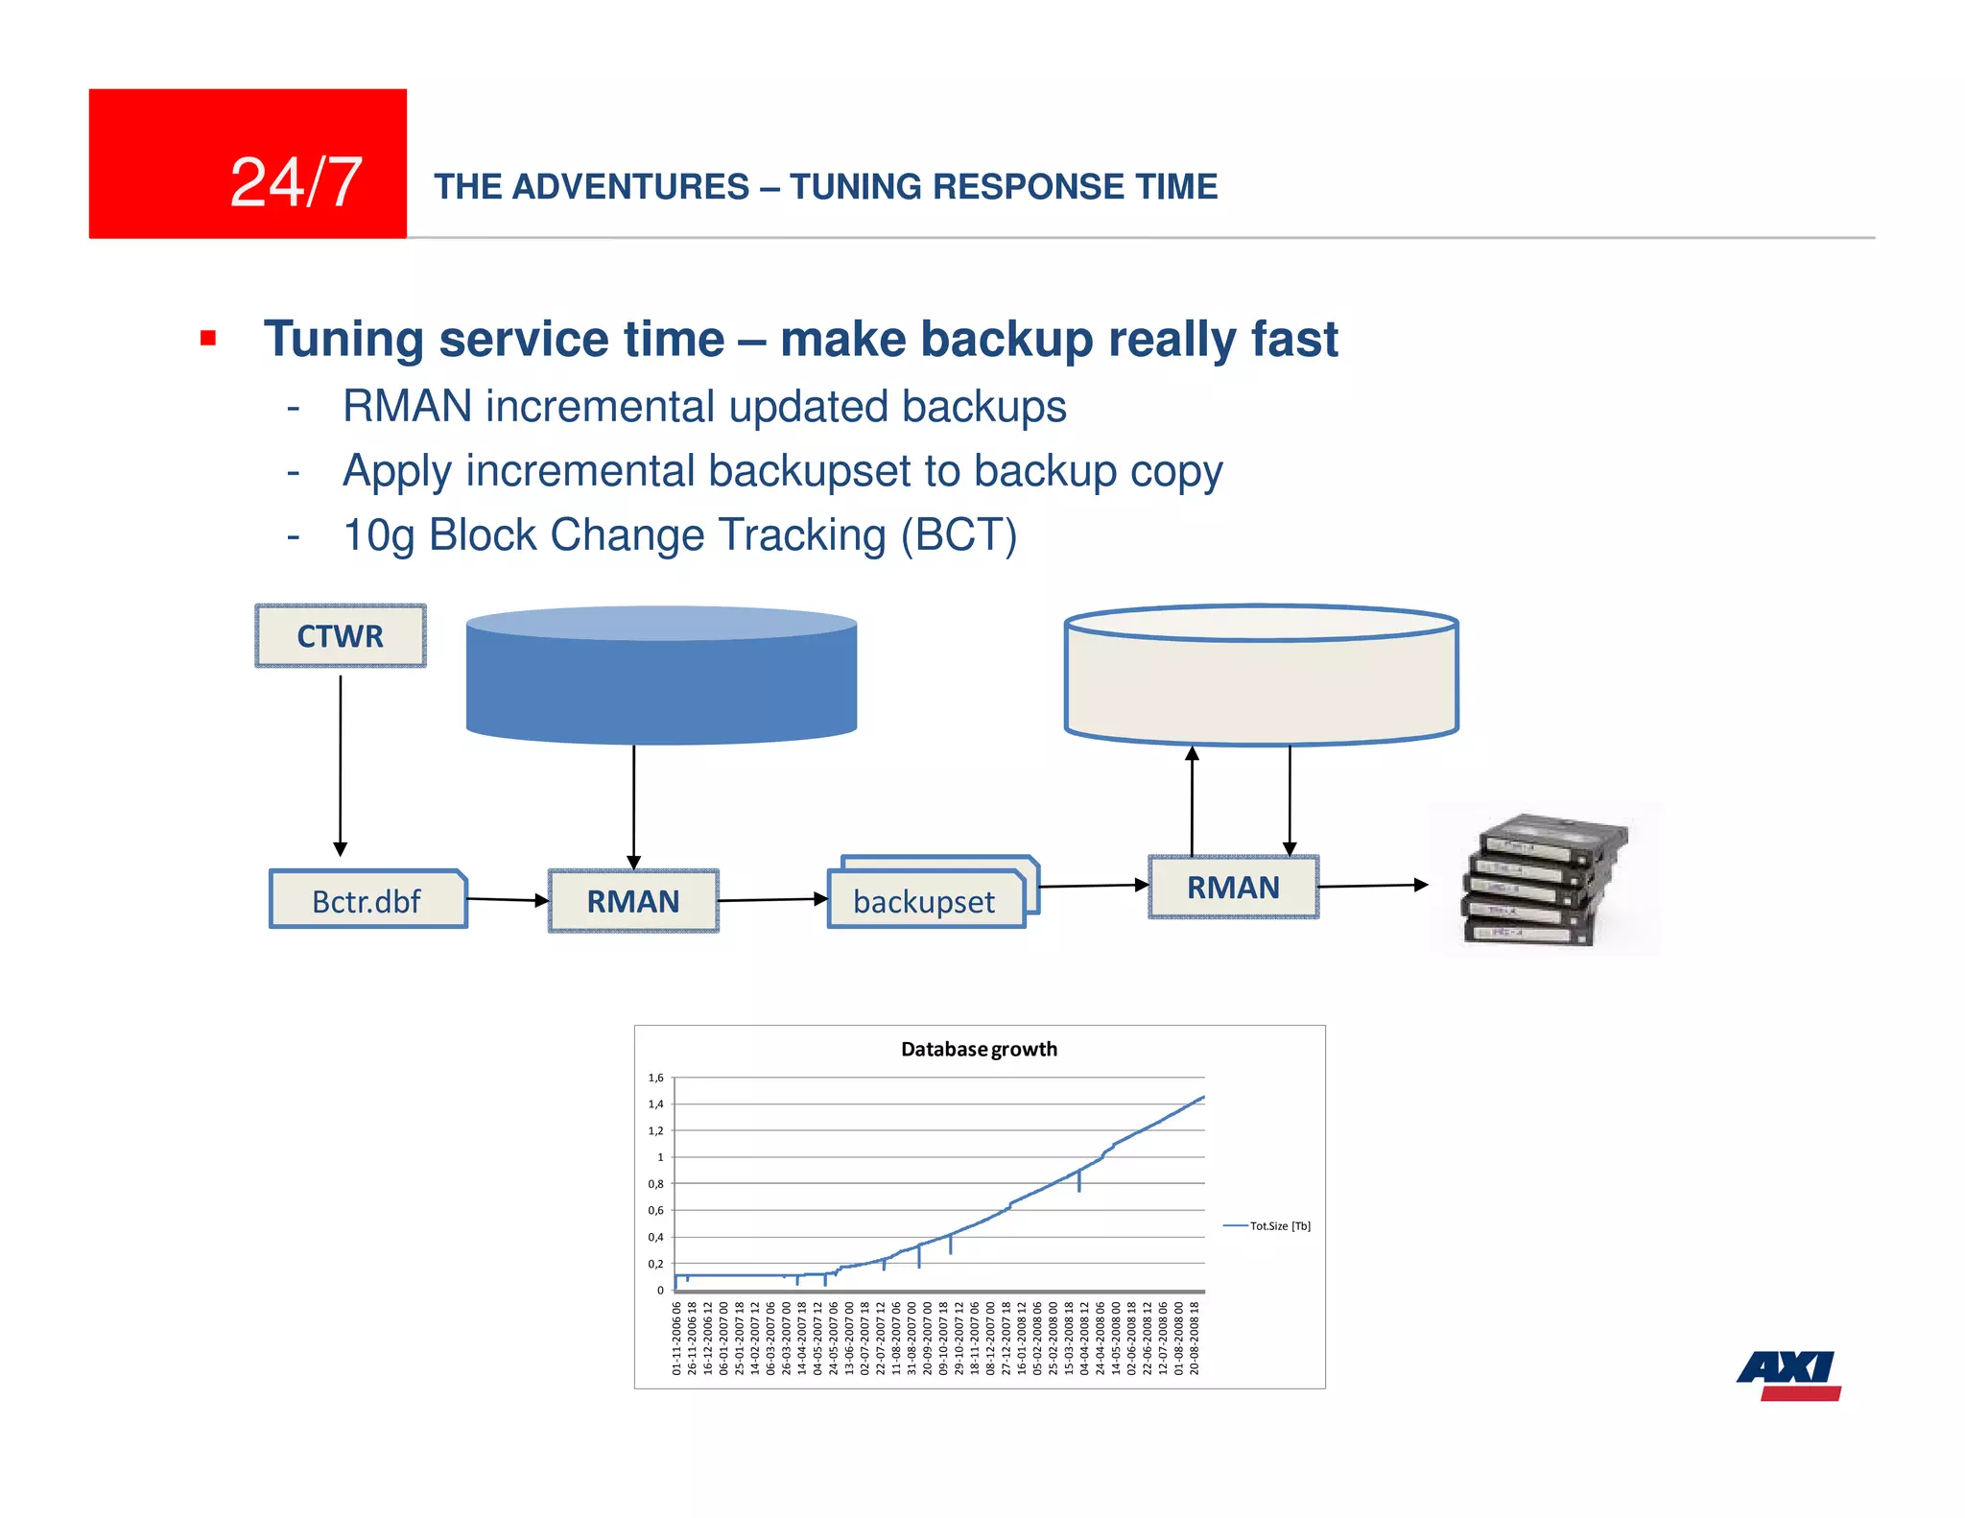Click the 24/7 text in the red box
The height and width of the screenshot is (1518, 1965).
[x=296, y=182]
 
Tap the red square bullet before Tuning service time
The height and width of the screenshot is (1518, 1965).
[x=208, y=338]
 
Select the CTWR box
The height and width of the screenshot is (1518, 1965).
[x=340, y=636]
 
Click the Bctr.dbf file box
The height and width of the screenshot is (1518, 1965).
[x=367, y=901]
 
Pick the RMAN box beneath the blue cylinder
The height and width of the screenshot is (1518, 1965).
[x=633, y=901]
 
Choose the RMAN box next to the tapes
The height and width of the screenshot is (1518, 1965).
[x=1233, y=888]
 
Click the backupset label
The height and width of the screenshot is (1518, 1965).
[x=924, y=902]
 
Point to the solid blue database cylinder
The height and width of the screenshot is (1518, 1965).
[x=661, y=676]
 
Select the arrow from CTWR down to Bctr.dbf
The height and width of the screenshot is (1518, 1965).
[x=341, y=763]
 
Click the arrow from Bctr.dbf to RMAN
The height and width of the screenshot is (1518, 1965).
[x=508, y=900]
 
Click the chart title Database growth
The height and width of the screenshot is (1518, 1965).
[x=979, y=1049]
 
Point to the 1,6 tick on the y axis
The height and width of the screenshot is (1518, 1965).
[x=656, y=1078]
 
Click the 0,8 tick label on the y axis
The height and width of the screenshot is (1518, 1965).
[x=656, y=1184]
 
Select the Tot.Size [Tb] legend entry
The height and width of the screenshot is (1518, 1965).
[x=1279, y=1225]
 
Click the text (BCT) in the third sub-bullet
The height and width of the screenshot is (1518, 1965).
[x=959, y=535]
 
